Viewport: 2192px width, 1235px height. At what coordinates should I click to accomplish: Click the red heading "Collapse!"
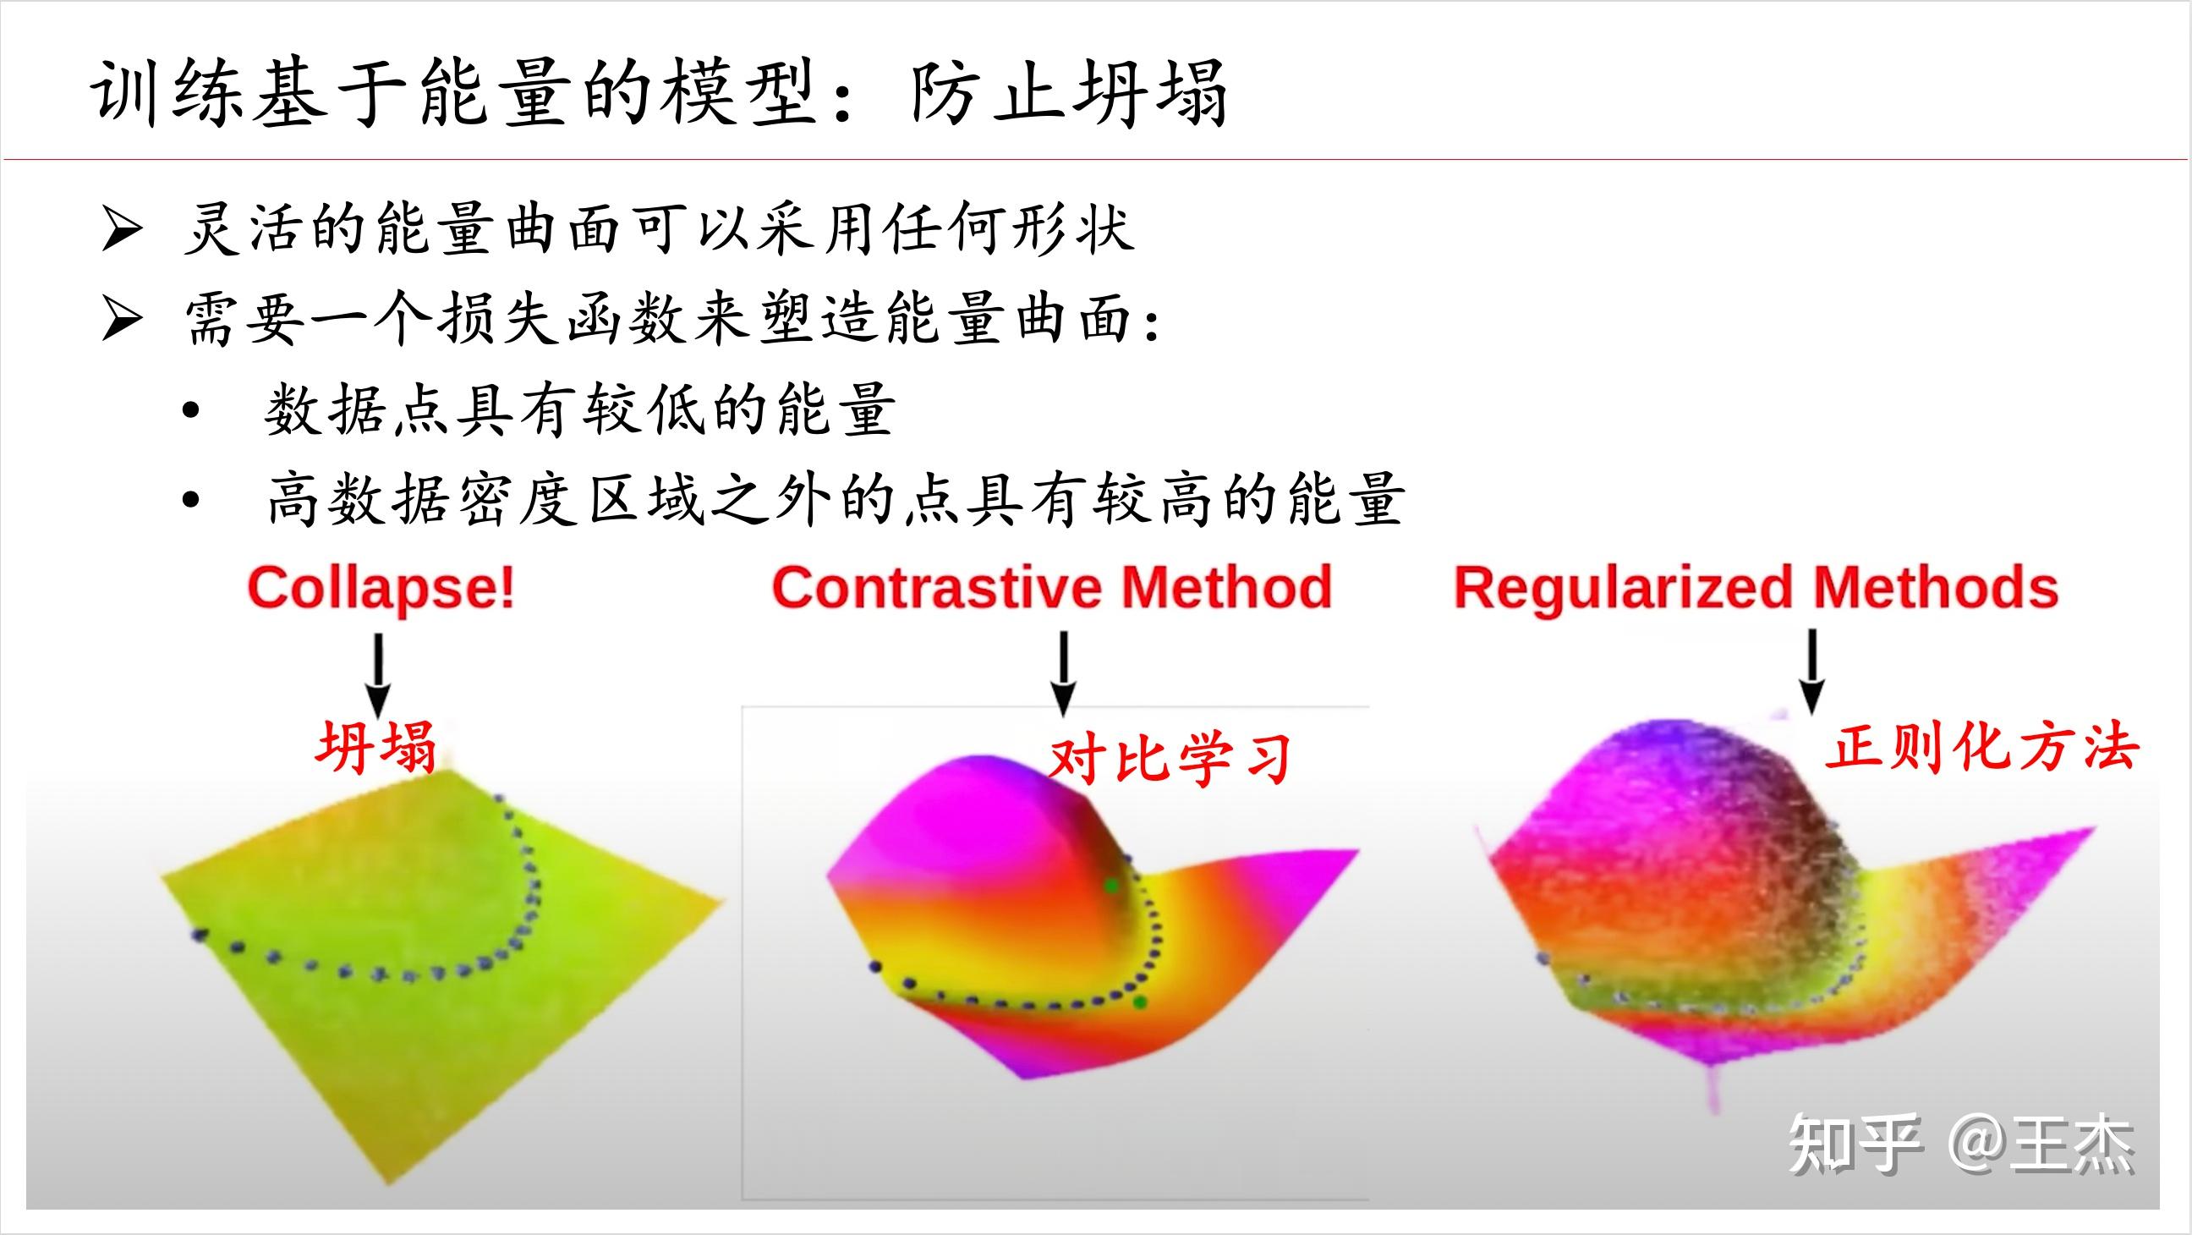(381, 588)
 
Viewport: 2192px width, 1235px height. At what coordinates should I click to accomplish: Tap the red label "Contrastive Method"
(1052, 588)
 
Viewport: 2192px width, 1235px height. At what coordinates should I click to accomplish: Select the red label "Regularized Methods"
(1756, 588)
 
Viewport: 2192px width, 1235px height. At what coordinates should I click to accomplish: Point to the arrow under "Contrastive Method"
(1063, 672)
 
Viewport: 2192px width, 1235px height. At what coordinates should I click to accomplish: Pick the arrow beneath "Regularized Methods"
(1811, 672)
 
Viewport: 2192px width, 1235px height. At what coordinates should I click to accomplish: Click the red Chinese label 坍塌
(376, 745)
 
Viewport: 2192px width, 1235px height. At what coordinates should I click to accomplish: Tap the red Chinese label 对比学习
(1170, 759)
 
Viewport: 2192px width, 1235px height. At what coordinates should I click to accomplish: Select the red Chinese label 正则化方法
(1981, 748)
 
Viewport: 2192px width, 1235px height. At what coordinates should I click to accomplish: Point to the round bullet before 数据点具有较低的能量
(190, 411)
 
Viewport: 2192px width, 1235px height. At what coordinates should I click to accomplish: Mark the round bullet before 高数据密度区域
(190, 501)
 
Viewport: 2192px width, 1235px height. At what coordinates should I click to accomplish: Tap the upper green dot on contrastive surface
(1111, 886)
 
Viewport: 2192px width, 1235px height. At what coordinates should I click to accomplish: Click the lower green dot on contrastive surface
(1140, 1002)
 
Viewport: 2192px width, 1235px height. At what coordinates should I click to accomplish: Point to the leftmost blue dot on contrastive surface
(874, 966)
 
